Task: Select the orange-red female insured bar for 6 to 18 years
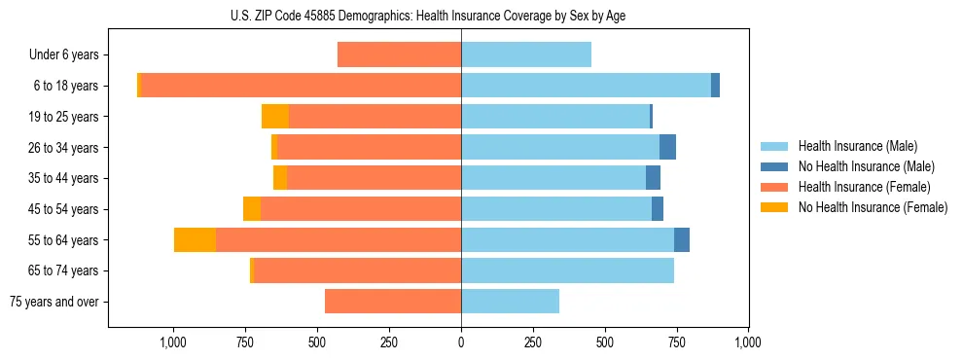[x=302, y=86]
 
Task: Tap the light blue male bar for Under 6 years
[x=526, y=54]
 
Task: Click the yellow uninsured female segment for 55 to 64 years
[x=195, y=239]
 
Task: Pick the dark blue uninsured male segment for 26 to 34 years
[x=667, y=147]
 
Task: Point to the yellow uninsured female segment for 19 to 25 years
[x=275, y=117]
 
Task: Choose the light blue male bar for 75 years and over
[x=510, y=302]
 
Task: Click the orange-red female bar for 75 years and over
[x=393, y=302]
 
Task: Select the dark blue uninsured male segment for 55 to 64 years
[x=682, y=239]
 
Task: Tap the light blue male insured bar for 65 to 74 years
[x=567, y=270]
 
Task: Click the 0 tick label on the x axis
[x=461, y=342]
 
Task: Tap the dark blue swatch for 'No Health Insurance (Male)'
[x=774, y=166]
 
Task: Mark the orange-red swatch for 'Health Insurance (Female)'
[x=774, y=187]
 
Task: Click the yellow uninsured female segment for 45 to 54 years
[x=252, y=209]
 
